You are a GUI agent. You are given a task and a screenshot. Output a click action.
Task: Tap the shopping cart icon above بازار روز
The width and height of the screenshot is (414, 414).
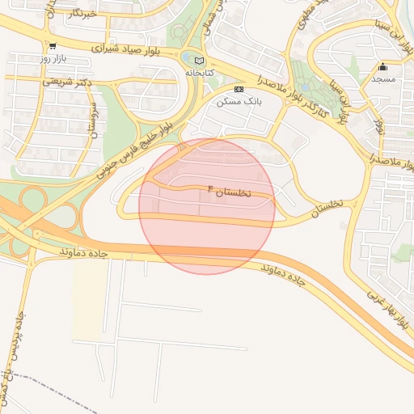[x=53, y=46]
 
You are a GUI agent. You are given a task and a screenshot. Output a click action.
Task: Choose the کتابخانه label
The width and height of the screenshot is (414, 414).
[x=203, y=73]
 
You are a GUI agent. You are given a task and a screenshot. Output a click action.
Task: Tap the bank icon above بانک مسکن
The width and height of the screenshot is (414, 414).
[x=238, y=89]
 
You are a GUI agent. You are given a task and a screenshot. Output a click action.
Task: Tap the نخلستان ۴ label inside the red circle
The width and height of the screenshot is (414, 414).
[x=230, y=192]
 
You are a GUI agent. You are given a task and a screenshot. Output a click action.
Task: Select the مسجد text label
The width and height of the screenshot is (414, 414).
[x=383, y=79]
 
